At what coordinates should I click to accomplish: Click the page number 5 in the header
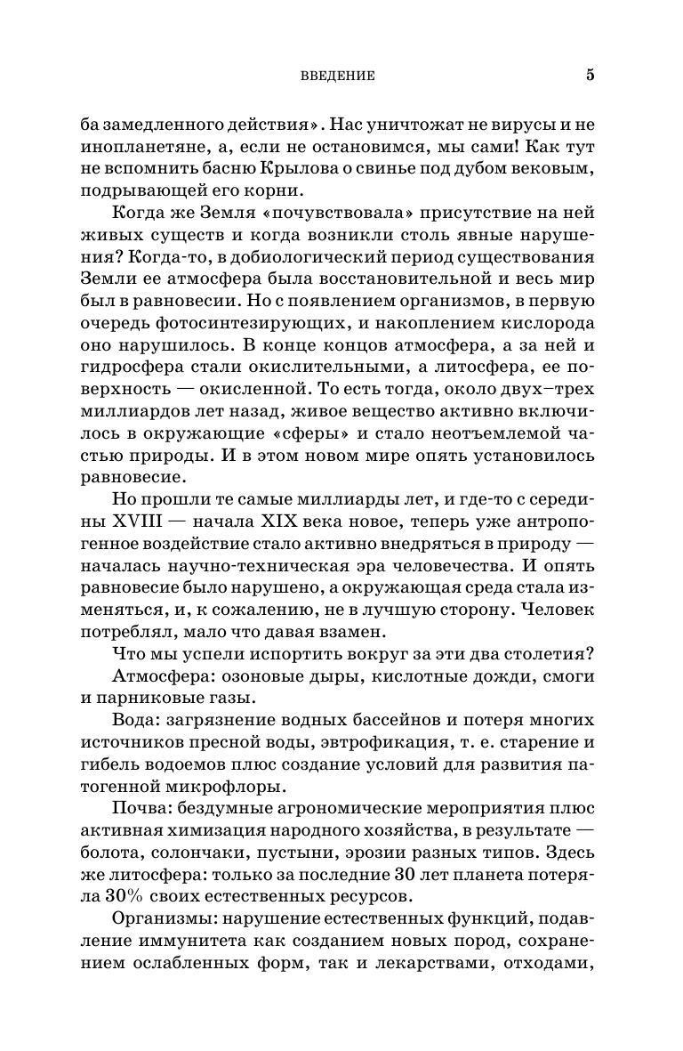coord(590,75)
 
